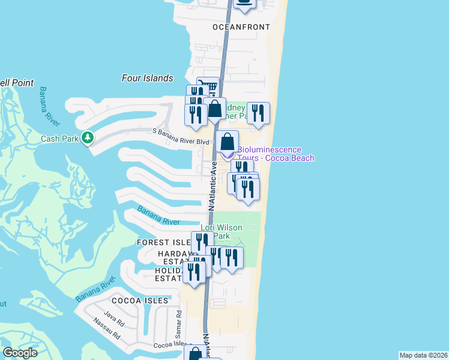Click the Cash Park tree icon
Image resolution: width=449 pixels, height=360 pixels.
tap(88, 138)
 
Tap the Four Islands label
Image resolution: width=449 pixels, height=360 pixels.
tap(147, 78)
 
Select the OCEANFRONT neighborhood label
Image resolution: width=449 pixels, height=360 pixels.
tap(241, 27)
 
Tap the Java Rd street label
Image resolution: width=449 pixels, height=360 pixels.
tap(113, 316)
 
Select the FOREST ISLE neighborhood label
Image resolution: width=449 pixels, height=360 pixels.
tap(163, 242)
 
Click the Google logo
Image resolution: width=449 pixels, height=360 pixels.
tap(20, 353)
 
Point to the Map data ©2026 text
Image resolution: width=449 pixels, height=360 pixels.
tap(423, 355)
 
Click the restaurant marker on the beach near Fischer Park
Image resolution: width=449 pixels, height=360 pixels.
tap(258, 113)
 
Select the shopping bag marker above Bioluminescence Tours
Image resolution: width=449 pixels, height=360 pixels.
tap(227, 142)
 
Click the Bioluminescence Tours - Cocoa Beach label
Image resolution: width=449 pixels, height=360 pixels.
tap(276, 154)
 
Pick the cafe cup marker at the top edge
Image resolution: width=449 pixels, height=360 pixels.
tap(244, 3)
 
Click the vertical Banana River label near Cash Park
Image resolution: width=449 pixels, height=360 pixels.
tap(50, 107)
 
